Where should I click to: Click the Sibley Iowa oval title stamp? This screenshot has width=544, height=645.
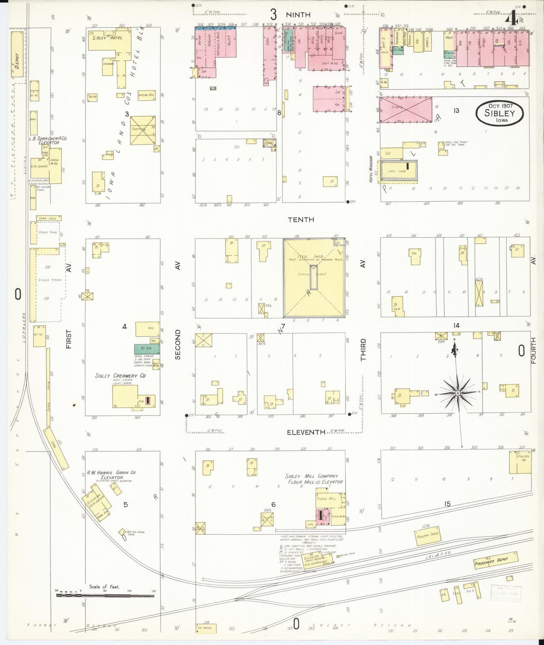499,113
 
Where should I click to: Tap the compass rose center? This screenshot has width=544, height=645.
457,393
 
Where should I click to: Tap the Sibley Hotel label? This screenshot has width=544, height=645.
108,38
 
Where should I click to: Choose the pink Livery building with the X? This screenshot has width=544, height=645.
406,110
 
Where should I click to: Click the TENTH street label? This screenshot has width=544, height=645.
301,219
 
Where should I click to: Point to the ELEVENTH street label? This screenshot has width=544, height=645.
306,432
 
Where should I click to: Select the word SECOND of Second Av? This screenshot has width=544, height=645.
178,344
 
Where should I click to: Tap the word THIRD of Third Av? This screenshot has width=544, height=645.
363,350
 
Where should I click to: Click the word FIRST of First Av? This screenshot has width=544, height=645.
69,339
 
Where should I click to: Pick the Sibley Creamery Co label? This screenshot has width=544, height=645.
120,376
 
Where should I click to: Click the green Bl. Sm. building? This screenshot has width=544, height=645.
147,349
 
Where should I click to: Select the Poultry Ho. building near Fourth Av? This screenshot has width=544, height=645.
520,462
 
